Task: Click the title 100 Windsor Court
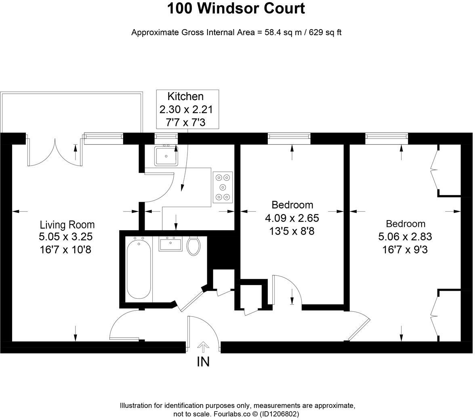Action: [236, 8]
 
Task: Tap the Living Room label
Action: [67, 225]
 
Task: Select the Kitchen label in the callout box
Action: [185, 97]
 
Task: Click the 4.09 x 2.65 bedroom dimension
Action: [292, 218]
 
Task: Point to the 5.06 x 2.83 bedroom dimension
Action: [405, 237]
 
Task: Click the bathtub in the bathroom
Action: [139, 268]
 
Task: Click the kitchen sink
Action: [166, 155]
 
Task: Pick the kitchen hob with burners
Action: [223, 187]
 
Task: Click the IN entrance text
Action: [203, 362]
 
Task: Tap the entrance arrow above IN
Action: [203, 346]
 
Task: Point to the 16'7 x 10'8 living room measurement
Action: [65, 250]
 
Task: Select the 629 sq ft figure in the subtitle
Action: [325, 33]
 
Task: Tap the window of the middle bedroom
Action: [289, 139]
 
